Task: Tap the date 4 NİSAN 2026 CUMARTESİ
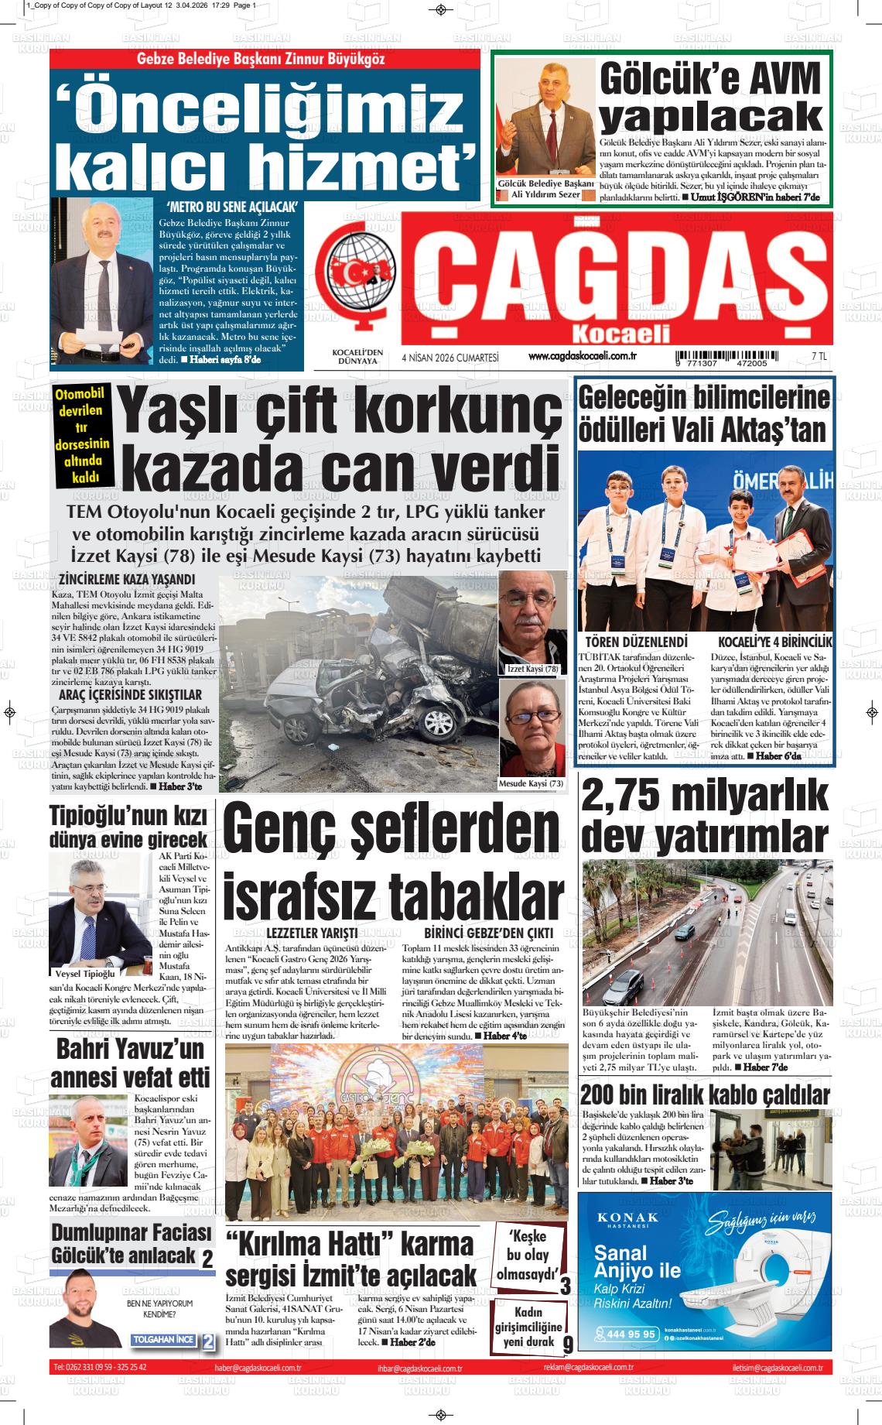coord(450,358)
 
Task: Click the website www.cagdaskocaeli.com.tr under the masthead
coord(582,356)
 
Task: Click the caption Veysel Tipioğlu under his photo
coord(85,973)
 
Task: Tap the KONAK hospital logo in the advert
coord(628,1218)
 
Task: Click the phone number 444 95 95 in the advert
coord(631,1334)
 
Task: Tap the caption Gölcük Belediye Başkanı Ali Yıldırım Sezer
coord(546,189)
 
